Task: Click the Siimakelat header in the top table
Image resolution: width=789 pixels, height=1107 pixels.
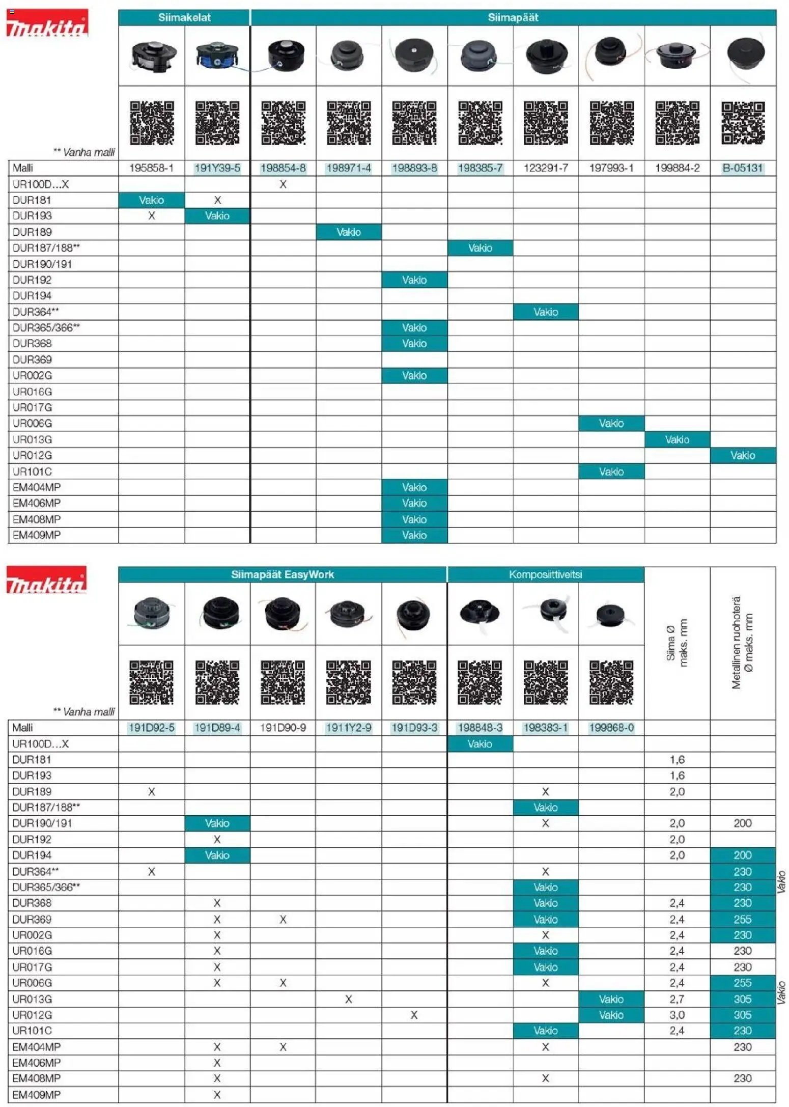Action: point(184,17)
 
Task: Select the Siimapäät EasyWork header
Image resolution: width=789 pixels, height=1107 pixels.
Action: point(283,574)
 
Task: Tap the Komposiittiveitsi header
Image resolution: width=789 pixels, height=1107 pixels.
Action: point(545,574)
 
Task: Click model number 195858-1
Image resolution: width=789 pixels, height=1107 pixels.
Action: point(152,168)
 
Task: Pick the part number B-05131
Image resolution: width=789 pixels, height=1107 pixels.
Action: point(743,168)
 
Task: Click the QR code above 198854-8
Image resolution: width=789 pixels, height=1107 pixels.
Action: point(283,123)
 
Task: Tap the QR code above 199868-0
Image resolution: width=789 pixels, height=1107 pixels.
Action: point(611,682)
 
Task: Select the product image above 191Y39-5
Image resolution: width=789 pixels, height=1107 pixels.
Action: point(217,56)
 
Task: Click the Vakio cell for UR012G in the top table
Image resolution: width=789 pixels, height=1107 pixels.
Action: point(743,455)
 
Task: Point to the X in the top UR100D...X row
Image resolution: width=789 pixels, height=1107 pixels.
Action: point(283,184)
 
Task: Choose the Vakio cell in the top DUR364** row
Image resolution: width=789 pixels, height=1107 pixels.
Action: point(546,312)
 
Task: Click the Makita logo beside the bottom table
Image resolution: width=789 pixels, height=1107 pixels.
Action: point(46,581)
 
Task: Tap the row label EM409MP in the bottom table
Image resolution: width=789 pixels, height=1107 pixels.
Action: point(37,1094)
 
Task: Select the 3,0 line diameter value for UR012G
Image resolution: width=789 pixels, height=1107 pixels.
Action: point(677,1015)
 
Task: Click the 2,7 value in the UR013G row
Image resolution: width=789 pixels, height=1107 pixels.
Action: point(677,999)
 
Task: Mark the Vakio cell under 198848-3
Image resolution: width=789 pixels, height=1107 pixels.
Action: point(480,744)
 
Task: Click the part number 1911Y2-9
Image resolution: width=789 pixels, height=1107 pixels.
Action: point(348,728)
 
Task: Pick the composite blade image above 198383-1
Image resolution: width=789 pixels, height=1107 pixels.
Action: point(546,614)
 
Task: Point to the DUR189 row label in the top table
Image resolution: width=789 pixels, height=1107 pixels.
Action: point(32,232)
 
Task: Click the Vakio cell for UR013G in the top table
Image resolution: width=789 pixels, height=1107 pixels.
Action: point(677,439)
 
